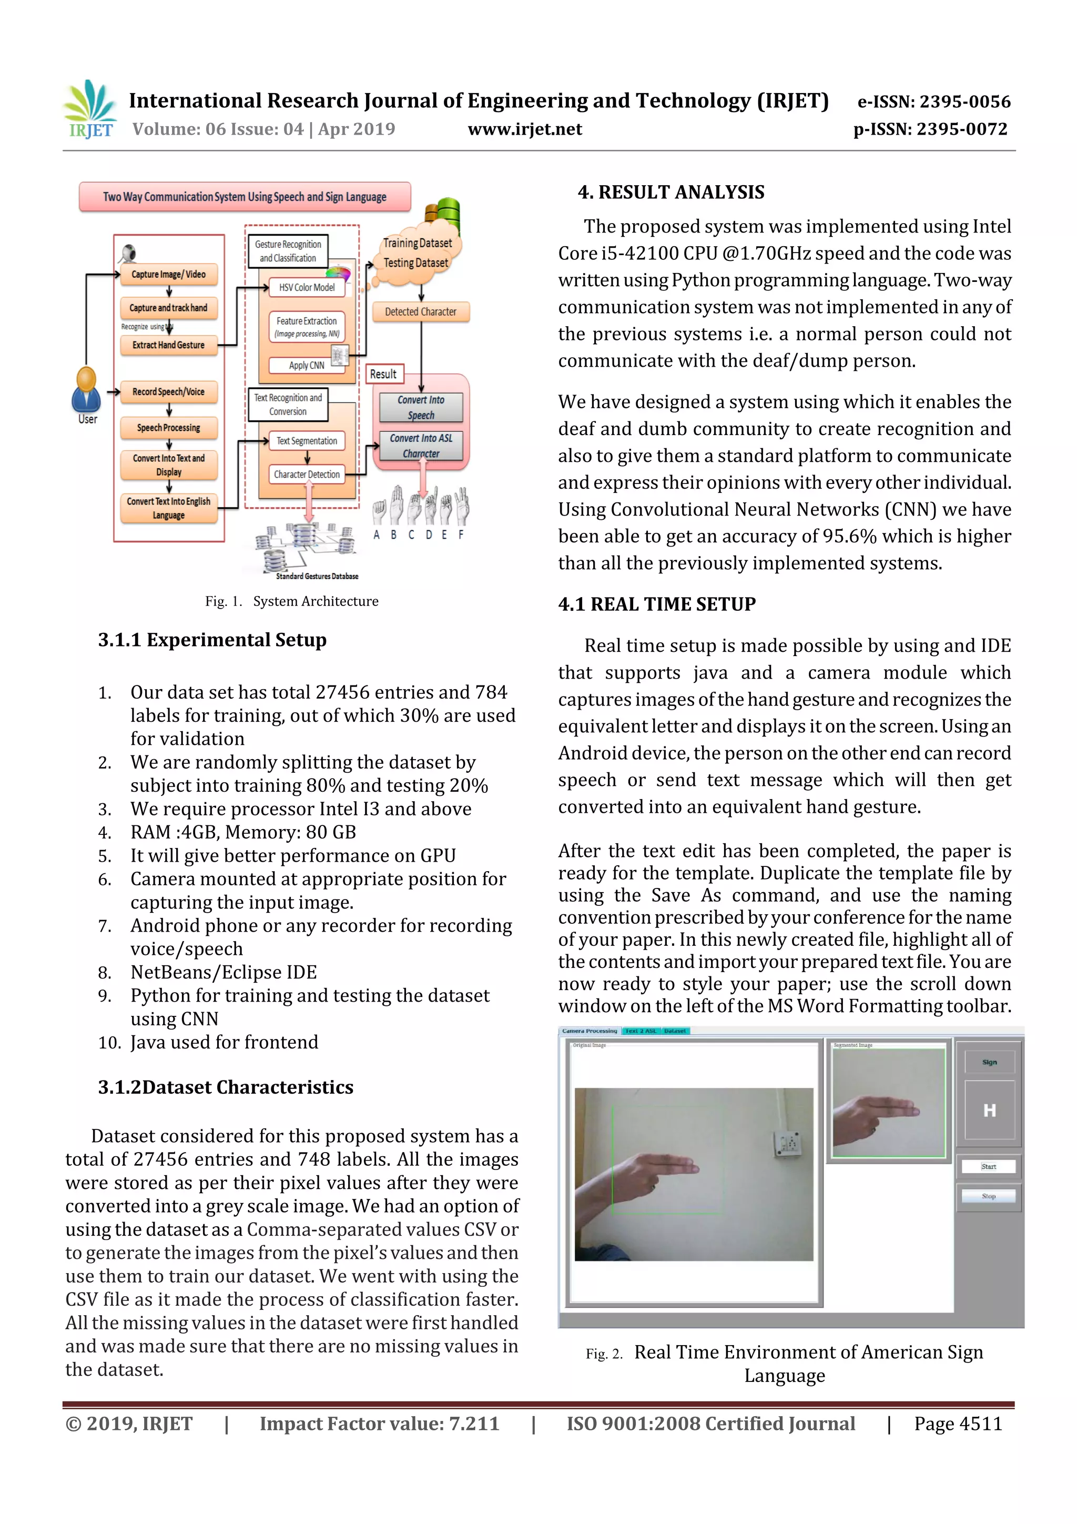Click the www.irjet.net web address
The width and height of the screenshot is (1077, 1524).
pyautogui.click(x=524, y=129)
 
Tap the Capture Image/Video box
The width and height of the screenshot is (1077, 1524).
pyautogui.click(x=169, y=275)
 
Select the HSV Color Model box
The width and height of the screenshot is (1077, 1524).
pyautogui.click(x=307, y=287)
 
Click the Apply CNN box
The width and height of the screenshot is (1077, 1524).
pyautogui.click(x=307, y=365)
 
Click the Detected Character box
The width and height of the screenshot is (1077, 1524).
pyautogui.click(x=420, y=312)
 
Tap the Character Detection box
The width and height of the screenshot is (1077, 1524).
pyautogui.click(x=307, y=475)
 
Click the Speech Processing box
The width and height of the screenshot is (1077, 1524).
pyautogui.click(x=169, y=428)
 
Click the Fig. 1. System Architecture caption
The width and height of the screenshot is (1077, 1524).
pyautogui.click(x=291, y=601)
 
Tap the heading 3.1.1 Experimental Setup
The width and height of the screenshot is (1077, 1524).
pyautogui.click(x=212, y=640)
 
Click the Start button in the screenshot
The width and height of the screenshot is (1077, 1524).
pyautogui.click(x=988, y=1166)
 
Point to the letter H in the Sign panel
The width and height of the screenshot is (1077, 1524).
pyautogui.click(x=989, y=1111)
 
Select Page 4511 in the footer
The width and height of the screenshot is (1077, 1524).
pyautogui.click(x=958, y=1424)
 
